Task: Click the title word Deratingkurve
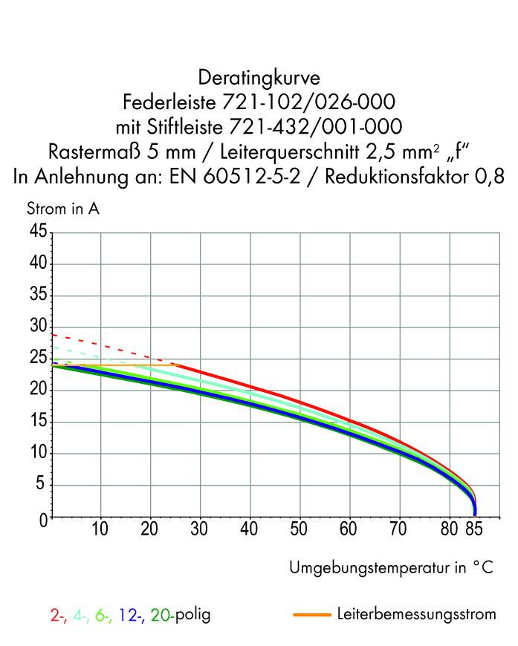(259, 76)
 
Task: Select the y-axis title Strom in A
(63, 209)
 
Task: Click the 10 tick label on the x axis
(100, 531)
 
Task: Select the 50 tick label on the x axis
(300, 531)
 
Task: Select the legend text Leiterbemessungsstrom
(416, 615)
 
